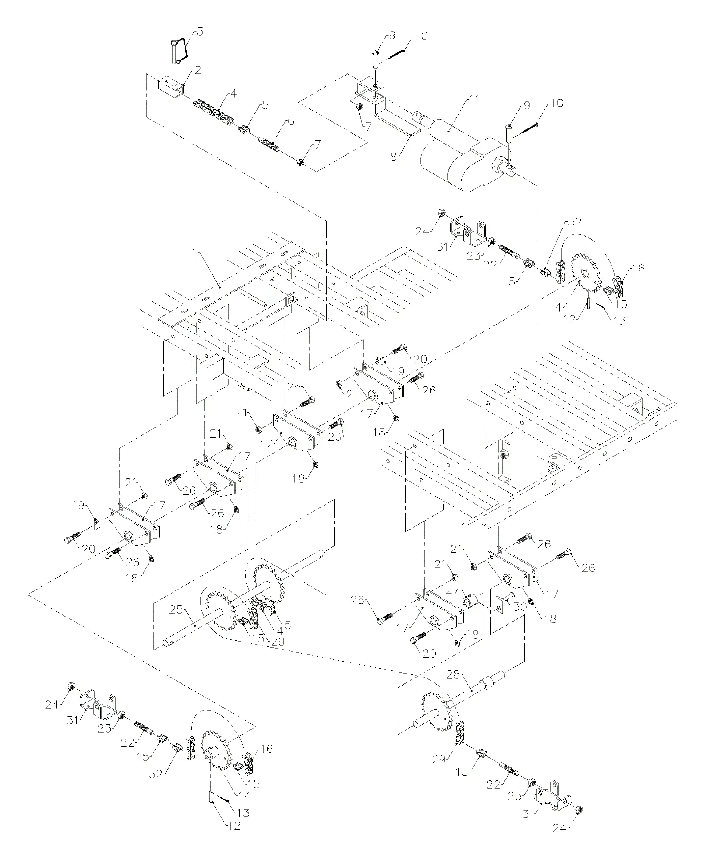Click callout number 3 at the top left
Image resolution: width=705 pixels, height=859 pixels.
click(x=200, y=32)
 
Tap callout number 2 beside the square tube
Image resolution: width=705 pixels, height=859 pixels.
click(x=197, y=70)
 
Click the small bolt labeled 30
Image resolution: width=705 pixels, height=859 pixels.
click(x=508, y=596)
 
